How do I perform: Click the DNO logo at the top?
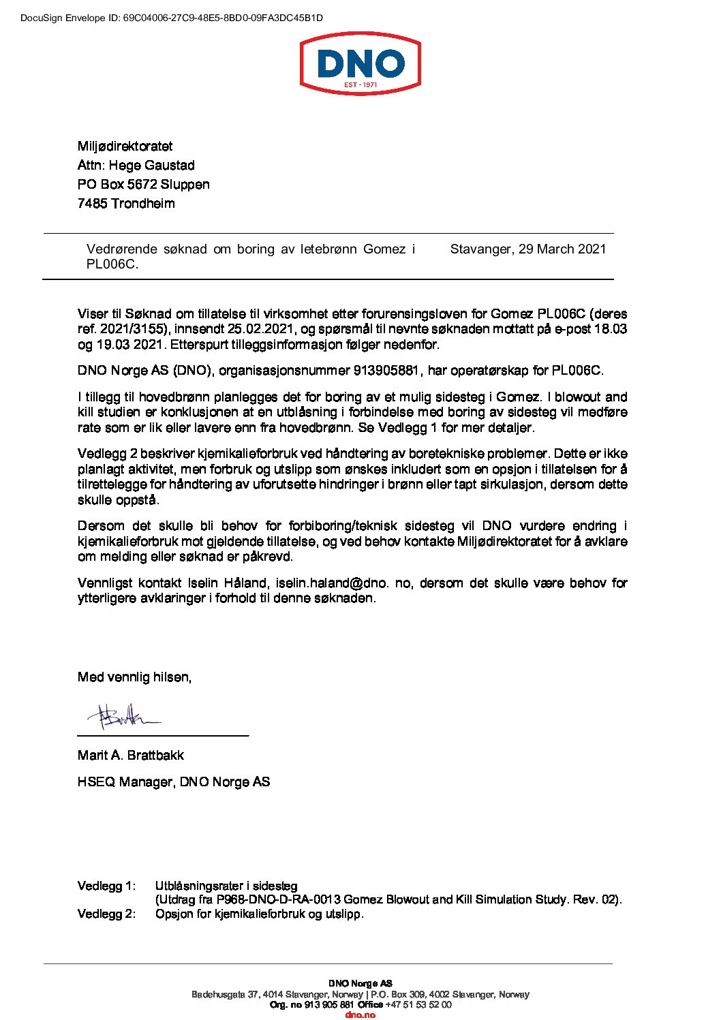(360, 65)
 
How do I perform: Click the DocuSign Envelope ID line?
(171, 18)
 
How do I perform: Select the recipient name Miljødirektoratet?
(125, 146)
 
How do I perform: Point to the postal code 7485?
(93, 204)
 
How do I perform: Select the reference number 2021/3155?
(134, 330)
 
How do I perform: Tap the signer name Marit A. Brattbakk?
(130, 756)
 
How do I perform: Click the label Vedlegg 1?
(106, 886)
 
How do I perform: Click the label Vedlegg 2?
(106, 914)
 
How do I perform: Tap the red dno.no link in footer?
(360, 1015)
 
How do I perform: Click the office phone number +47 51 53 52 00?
(418, 1005)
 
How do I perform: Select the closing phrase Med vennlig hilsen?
(134, 677)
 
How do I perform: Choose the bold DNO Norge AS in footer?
(360, 984)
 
